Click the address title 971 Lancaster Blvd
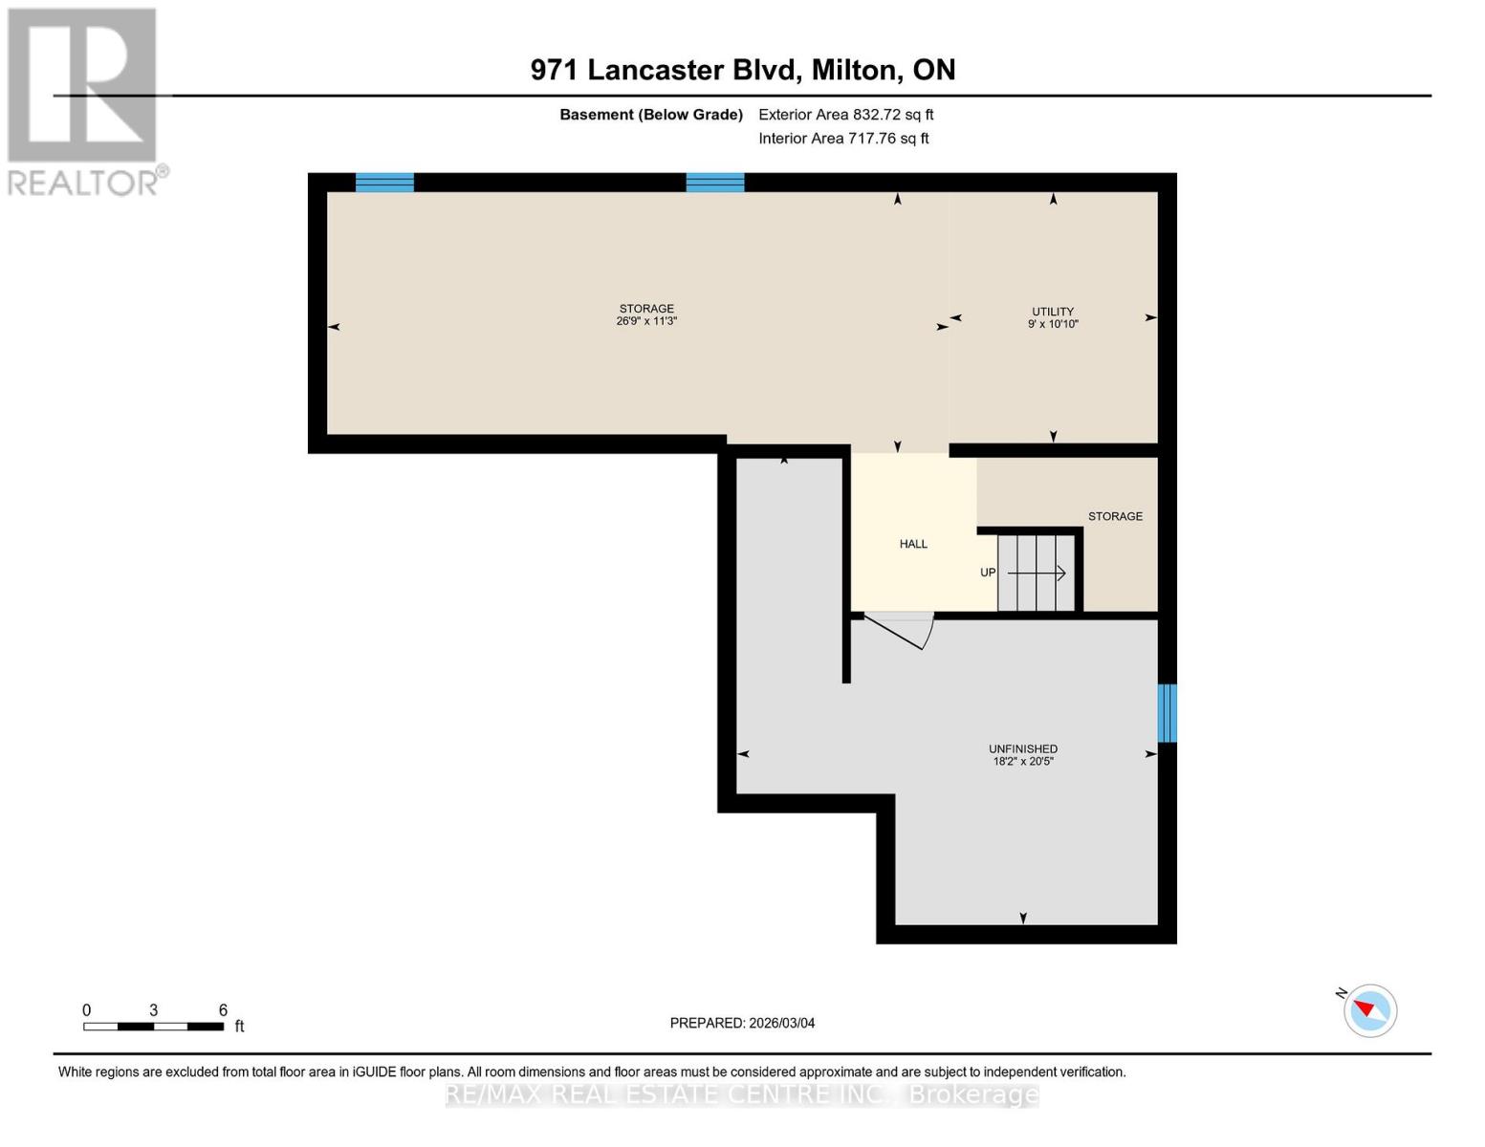click(x=742, y=70)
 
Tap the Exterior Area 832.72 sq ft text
click(x=845, y=115)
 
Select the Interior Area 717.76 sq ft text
click(x=843, y=139)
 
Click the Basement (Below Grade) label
click(x=650, y=115)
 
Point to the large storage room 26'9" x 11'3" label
click(x=646, y=314)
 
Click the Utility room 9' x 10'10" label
click(x=1052, y=317)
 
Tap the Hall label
click(x=913, y=544)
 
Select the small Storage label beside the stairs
click(x=1115, y=516)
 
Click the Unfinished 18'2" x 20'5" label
click(x=1022, y=755)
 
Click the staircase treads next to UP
click(x=1037, y=573)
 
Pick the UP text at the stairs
click(x=988, y=573)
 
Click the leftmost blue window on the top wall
click(x=384, y=183)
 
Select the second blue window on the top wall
click(x=715, y=183)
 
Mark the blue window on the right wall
click(x=1167, y=713)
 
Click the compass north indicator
click(x=1369, y=1010)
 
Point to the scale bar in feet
click(x=154, y=1026)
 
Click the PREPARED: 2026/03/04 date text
click(x=742, y=1023)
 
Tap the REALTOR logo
click(x=84, y=101)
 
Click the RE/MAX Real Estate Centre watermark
click(x=742, y=1094)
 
